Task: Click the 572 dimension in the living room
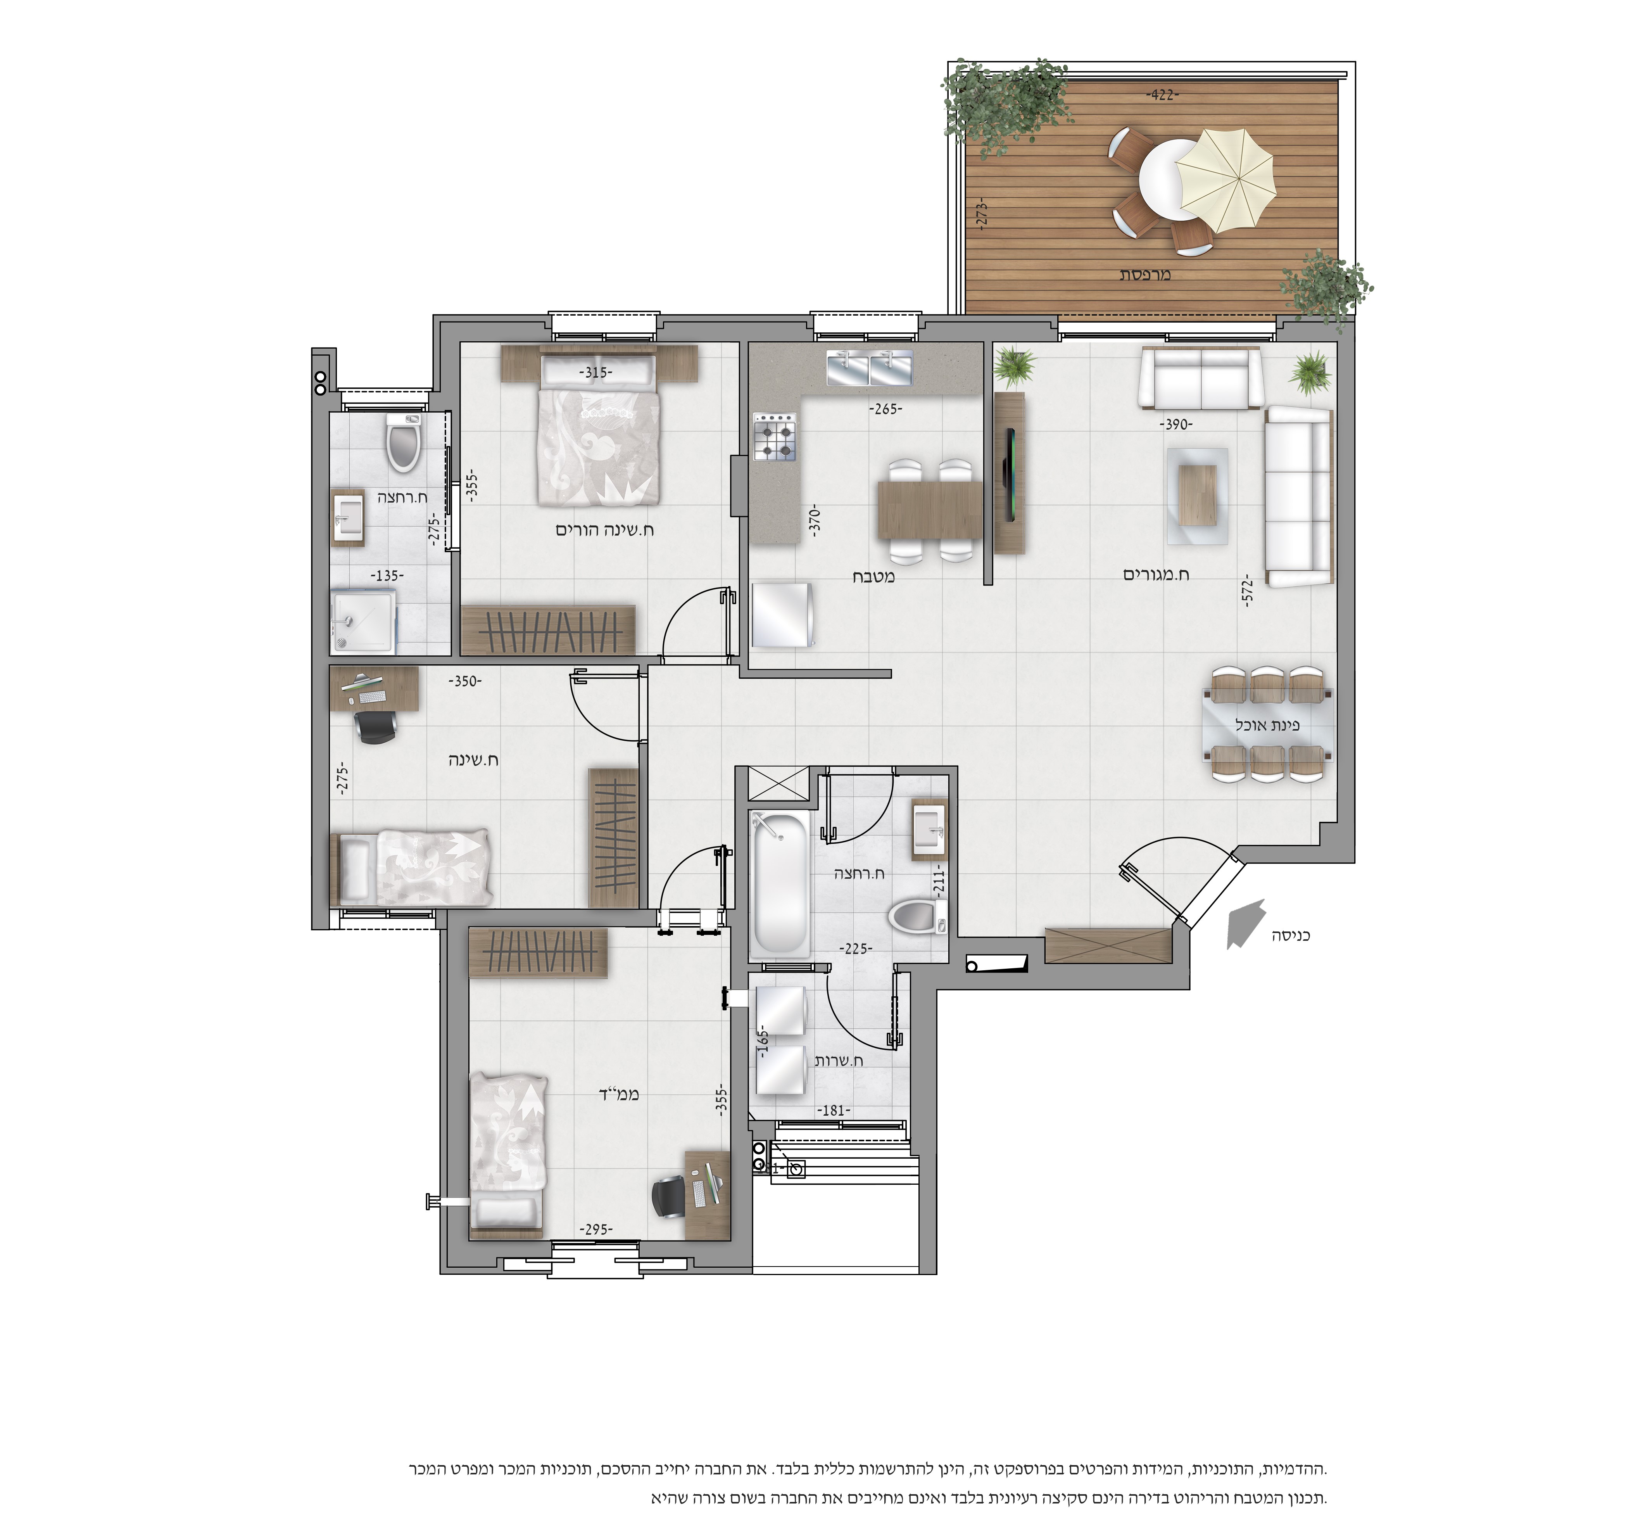[x=1248, y=590]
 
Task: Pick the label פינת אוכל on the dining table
[x=1267, y=725]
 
